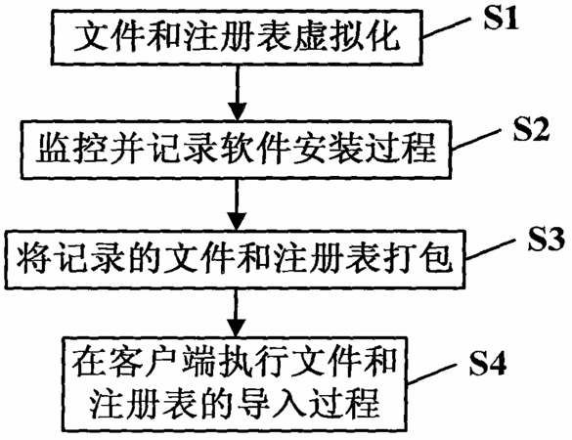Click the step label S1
click(502, 19)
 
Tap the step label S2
click(531, 129)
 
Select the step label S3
click(547, 239)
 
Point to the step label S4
click(488, 363)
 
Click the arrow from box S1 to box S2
click(238, 93)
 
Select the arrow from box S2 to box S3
click(238, 204)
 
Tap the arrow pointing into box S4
click(238, 313)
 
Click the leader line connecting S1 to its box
click(447, 27)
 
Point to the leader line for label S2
click(476, 139)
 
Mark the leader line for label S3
click(490, 249)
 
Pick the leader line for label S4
click(431, 374)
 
